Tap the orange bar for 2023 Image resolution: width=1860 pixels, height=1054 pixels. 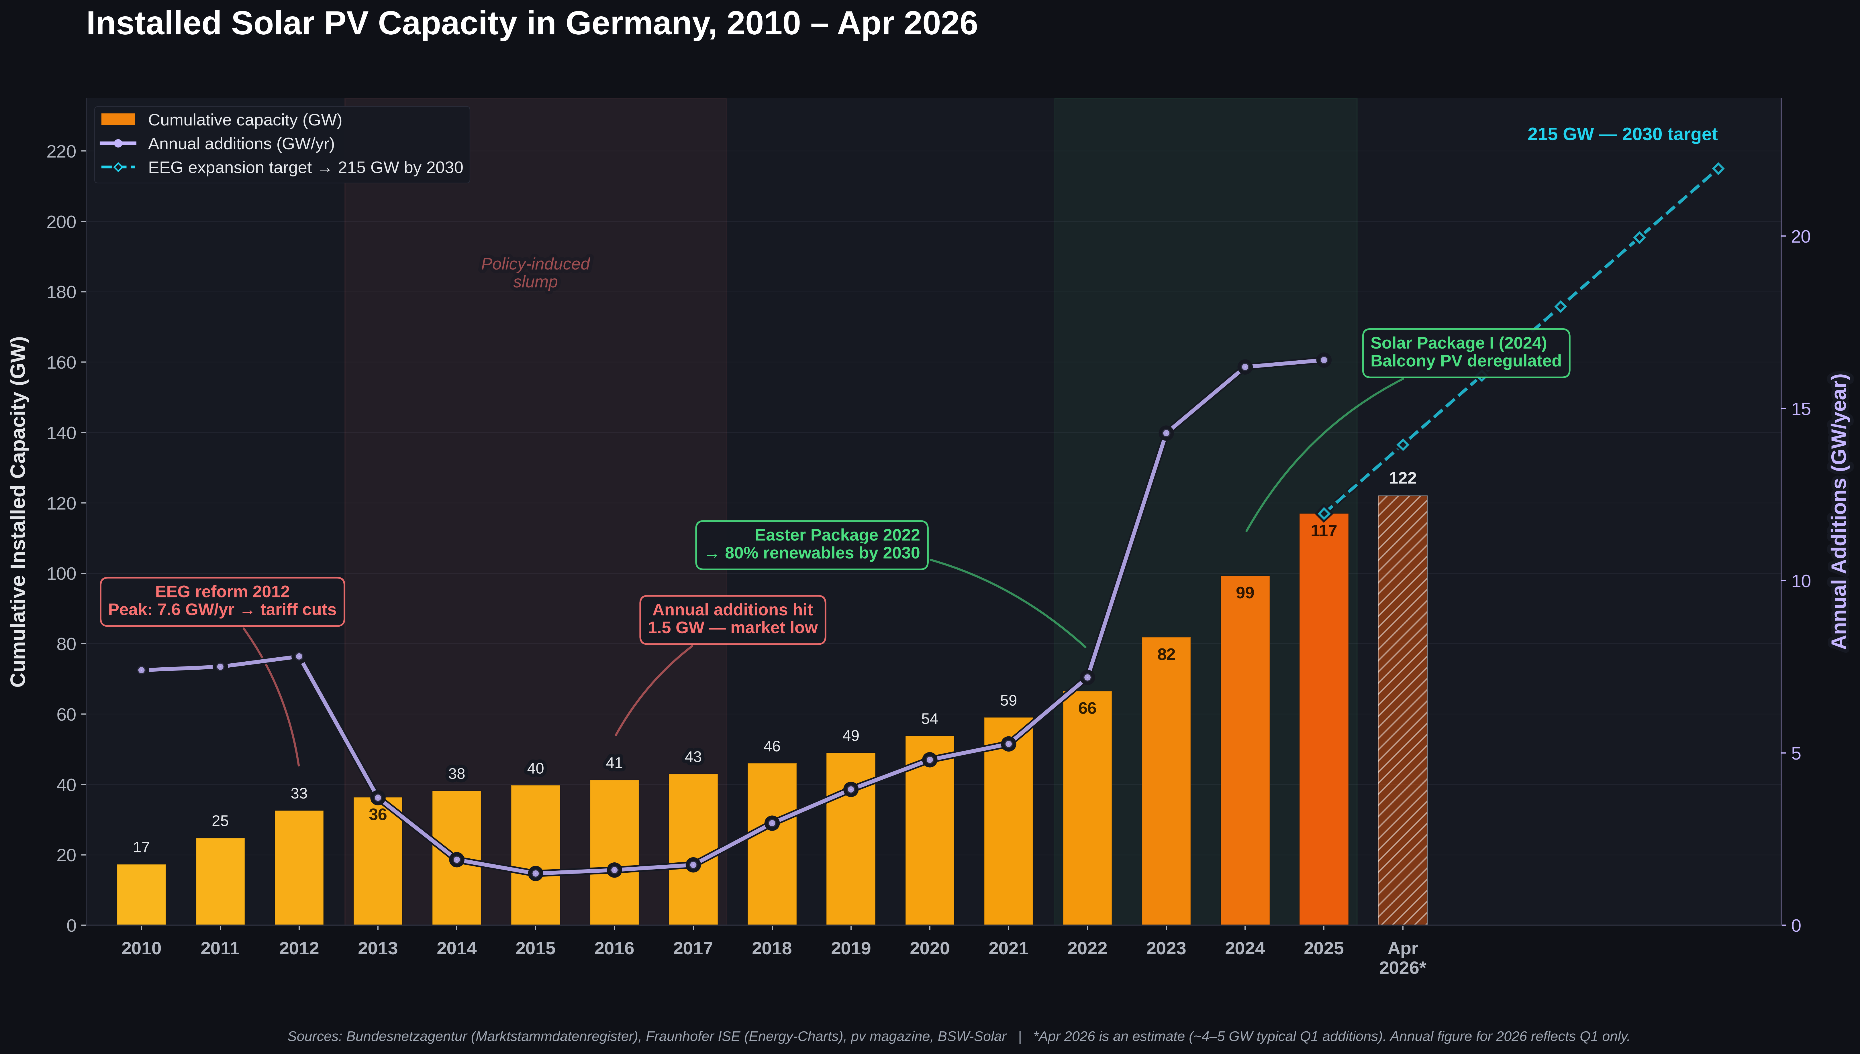click(1166, 782)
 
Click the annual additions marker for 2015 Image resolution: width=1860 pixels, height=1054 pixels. click(535, 873)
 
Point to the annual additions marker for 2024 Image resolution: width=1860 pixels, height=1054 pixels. click(1244, 367)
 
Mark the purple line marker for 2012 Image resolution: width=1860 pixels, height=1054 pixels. click(299, 656)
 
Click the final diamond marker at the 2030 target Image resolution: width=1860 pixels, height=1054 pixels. click(1718, 169)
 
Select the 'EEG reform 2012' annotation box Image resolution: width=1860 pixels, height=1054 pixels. click(222, 601)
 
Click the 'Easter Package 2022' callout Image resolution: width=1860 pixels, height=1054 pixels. click(812, 544)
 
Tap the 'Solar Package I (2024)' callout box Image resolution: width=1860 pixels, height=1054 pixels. click(1465, 353)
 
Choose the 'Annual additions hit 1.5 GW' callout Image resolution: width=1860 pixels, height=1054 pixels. click(732, 619)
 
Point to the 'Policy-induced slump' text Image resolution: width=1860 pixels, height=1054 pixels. click(535, 273)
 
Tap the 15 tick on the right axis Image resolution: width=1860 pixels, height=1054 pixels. click(1800, 409)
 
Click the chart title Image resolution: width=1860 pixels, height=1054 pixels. click(532, 24)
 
